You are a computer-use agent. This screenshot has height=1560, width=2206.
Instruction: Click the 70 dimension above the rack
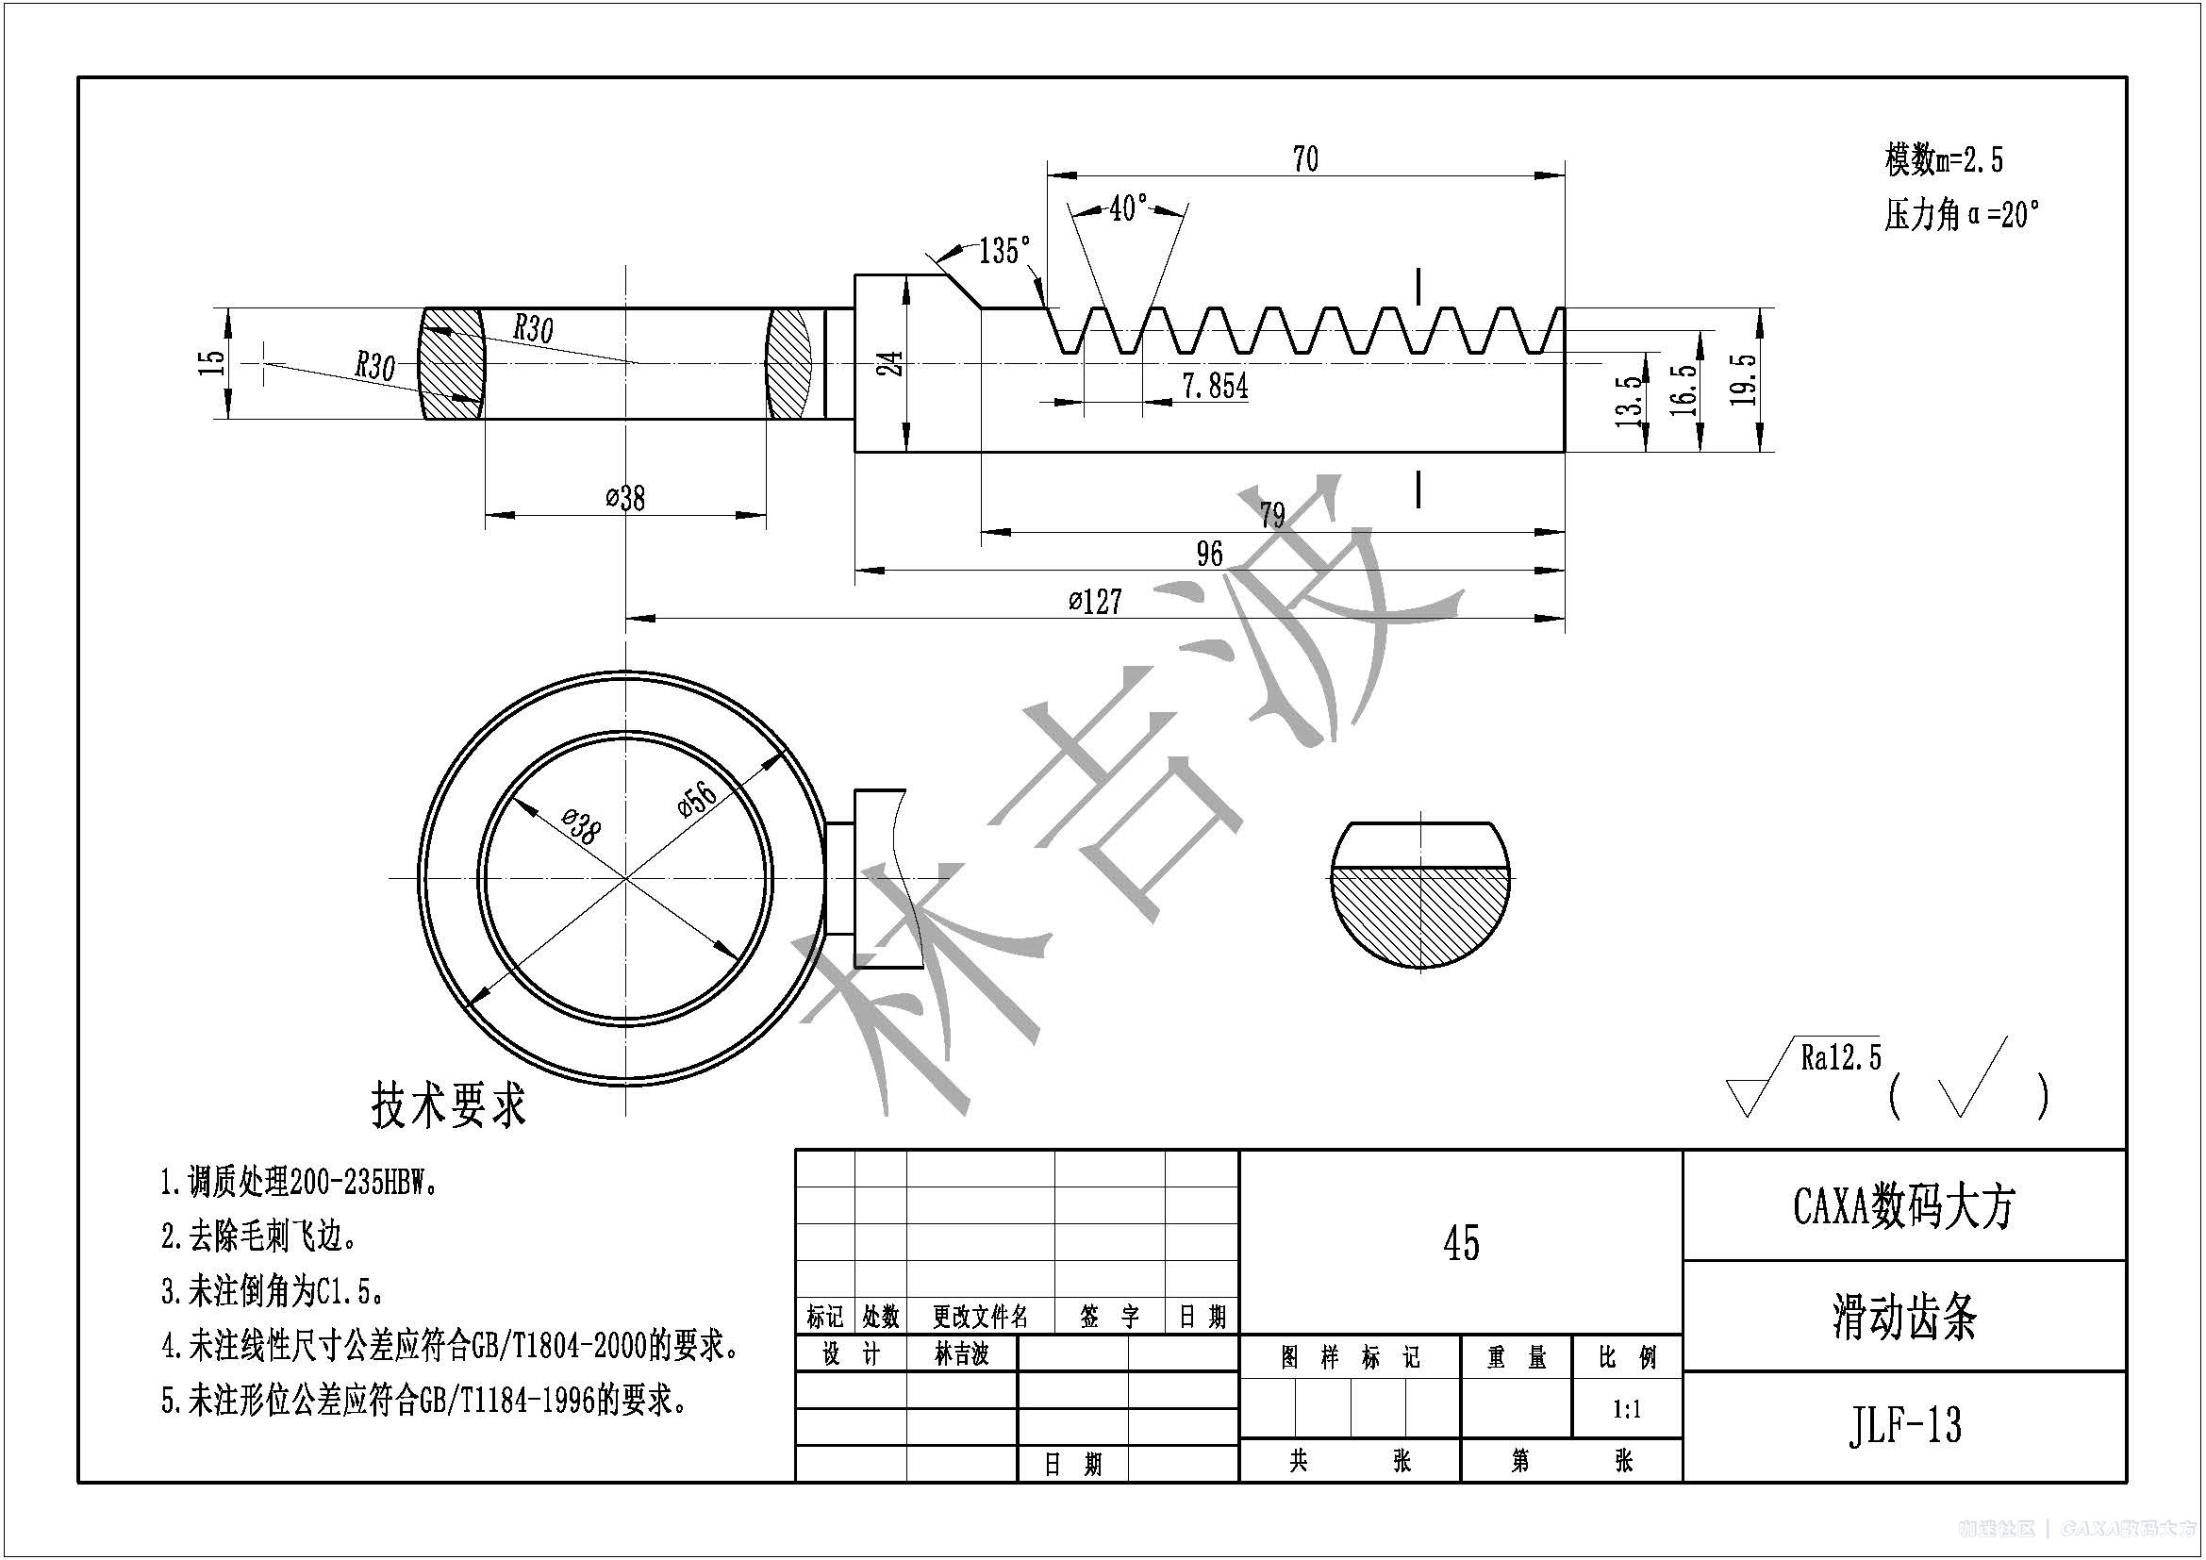click(1304, 158)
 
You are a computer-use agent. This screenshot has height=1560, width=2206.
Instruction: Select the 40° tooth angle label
click(1128, 208)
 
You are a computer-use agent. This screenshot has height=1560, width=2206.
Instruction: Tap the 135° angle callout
click(1004, 251)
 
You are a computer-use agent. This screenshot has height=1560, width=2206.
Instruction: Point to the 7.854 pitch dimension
click(1215, 386)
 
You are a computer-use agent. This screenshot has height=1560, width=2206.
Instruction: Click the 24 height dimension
click(893, 363)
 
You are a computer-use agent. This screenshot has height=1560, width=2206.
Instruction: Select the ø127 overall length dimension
click(1094, 603)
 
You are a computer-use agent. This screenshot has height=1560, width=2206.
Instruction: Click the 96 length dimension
click(1209, 555)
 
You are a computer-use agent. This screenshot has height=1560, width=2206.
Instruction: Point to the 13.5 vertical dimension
click(1628, 401)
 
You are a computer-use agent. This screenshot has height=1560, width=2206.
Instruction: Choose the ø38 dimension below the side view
click(625, 499)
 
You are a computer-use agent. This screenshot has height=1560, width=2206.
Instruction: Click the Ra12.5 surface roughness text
click(1841, 1059)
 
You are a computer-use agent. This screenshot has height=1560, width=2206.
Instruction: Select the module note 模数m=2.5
click(1944, 159)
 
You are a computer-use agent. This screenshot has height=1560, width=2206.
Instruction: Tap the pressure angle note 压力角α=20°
click(1961, 215)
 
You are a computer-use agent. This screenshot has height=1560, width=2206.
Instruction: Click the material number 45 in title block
click(1460, 1244)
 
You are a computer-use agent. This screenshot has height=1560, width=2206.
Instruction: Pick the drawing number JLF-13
click(1903, 1424)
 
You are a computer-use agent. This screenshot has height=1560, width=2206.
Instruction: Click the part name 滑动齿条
click(1903, 1317)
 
